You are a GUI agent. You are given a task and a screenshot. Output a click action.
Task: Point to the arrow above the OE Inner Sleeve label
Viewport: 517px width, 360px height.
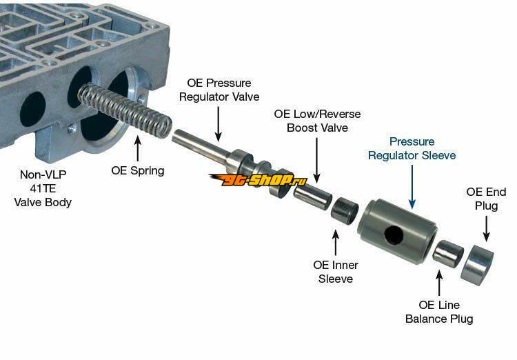tap(336, 242)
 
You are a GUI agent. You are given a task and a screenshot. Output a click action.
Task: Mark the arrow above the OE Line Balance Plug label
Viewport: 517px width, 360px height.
tap(438, 283)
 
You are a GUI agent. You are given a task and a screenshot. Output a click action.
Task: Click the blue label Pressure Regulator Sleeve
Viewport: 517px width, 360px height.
tap(412, 148)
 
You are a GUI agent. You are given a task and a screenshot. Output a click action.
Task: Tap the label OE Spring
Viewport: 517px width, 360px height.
tap(138, 170)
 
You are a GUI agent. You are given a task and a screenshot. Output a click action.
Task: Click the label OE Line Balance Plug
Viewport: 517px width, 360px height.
tap(439, 312)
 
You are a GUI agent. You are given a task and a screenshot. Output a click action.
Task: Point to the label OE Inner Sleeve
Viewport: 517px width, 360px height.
tap(336, 272)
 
